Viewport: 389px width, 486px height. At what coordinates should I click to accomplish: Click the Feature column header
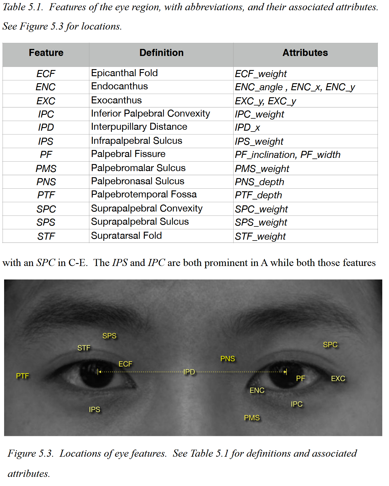coord(46,53)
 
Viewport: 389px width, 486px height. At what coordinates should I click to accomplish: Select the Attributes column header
coord(305,53)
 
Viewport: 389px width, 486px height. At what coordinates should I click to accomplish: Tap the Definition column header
coord(161,53)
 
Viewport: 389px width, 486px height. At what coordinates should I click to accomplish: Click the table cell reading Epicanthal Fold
coord(124,73)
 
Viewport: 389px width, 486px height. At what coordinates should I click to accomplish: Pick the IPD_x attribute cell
coord(247,127)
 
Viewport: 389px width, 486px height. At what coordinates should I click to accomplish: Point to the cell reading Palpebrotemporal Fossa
coord(144,195)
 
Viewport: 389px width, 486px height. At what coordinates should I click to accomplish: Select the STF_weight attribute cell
coord(260,236)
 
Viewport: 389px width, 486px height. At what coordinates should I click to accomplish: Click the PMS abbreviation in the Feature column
coord(46,168)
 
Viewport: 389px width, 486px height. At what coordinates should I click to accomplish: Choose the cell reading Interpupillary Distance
coord(139,127)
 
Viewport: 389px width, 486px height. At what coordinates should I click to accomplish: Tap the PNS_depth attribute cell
coord(259,182)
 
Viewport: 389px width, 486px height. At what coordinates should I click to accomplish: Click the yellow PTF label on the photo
coord(23,376)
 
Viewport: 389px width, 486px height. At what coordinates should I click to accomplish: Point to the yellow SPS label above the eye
coord(109,336)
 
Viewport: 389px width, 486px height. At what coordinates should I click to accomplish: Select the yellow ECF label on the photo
coord(125,364)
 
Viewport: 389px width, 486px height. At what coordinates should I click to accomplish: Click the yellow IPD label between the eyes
coord(189,372)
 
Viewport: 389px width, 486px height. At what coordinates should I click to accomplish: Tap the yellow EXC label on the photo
coord(338,378)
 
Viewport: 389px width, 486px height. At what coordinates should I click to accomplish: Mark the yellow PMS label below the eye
coord(252,418)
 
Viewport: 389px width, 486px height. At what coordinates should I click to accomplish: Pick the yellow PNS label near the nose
coord(227,359)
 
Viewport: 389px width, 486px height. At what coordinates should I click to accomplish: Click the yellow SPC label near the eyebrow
coord(330,345)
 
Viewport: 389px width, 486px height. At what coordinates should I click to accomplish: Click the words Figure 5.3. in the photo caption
coord(30,453)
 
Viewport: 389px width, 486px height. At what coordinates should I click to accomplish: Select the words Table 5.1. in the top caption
coord(23,7)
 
